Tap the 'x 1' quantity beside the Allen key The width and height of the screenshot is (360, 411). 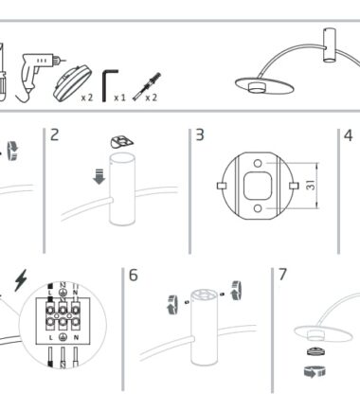[x=119, y=98]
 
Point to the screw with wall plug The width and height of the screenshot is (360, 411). [x=147, y=86]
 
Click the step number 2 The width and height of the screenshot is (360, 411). [x=55, y=134]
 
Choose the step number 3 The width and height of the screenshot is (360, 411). [x=200, y=134]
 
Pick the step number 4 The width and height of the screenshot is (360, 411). [x=348, y=135]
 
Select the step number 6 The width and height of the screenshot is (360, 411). [x=134, y=275]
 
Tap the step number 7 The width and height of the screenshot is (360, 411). [x=282, y=275]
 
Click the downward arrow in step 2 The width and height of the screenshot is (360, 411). [x=99, y=177]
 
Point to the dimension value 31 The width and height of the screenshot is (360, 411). [x=311, y=185]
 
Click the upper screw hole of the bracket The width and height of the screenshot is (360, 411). [x=258, y=163]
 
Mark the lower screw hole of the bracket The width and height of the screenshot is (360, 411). [x=258, y=208]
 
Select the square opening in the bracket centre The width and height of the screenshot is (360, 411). [x=258, y=186]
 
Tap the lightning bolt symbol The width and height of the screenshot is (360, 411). [x=21, y=280]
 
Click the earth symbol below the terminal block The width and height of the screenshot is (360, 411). [x=63, y=337]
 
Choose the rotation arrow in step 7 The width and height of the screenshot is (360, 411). [x=315, y=371]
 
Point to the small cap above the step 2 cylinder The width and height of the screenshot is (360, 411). [x=122, y=142]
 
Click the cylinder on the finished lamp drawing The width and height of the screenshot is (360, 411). [x=330, y=45]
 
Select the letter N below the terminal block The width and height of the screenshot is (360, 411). [x=76, y=337]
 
